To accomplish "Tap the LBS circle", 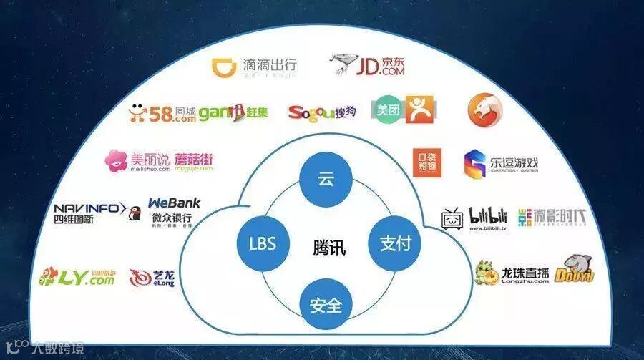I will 258,243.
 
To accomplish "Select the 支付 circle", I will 390,243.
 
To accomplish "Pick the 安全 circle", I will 326,307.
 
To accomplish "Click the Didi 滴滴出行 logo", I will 255,67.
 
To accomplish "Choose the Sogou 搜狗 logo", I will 322,112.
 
